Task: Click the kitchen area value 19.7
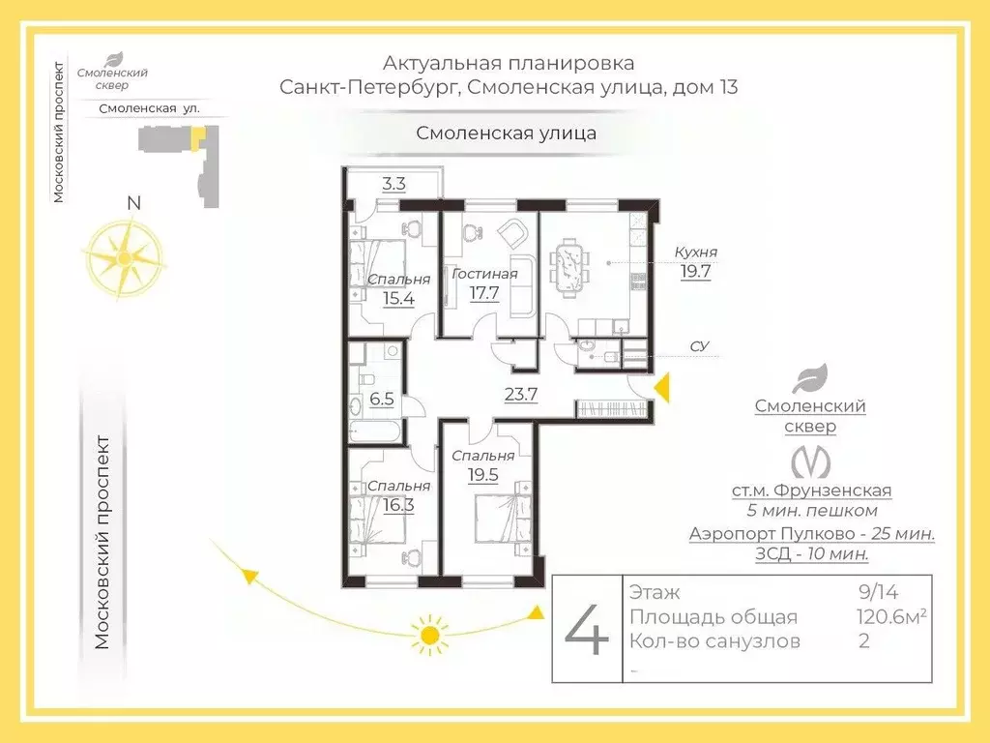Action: click(695, 272)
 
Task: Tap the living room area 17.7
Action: click(483, 292)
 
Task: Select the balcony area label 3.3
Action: click(393, 183)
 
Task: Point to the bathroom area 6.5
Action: click(382, 398)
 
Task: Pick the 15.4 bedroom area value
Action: click(398, 297)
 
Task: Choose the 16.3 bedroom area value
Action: click(398, 504)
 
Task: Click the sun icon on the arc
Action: click(428, 636)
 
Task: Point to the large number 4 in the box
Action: click(587, 630)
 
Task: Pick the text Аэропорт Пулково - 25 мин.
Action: click(811, 533)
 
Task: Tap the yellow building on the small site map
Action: click(196, 141)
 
